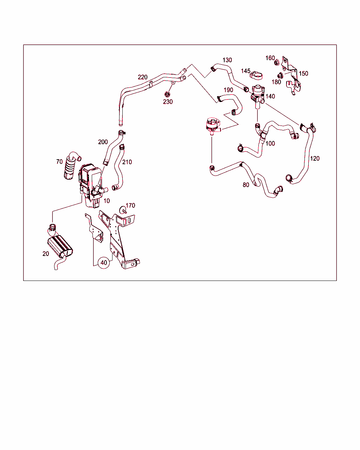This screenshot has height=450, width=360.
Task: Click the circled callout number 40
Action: pyautogui.click(x=104, y=262)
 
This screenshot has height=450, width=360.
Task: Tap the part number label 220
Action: pyautogui.click(x=143, y=77)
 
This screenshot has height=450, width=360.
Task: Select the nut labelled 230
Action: pyautogui.click(x=167, y=94)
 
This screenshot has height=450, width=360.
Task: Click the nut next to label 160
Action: pyautogui.click(x=277, y=62)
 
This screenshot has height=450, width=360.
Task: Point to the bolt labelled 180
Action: pyautogui.click(x=280, y=76)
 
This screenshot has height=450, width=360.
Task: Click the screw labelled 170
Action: pyautogui.click(x=123, y=210)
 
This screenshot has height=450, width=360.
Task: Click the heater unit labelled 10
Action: pyautogui.click(x=91, y=185)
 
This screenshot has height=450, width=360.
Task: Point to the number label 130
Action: pyautogui.click(x=227, y=60)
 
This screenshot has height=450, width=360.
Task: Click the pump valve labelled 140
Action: pyautogui.click(x=258, y=96)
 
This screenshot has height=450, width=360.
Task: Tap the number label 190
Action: pyautogui.click(x=228, y=90)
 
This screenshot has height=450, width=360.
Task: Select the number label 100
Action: pyautogui.click(x=270, y=143)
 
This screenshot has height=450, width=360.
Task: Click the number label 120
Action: pyautogui.click(x=315, y=159)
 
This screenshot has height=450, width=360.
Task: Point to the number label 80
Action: pyautogui.click(x=246, y=185)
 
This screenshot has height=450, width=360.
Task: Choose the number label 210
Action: pyautogui.click(x=127, y=162)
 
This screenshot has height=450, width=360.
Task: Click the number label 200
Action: pyautogui.click(x=103, y=142)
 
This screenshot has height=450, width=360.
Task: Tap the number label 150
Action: pyautogui.click(x=303, y=73)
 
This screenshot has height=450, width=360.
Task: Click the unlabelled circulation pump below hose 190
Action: pyautogui.click(x=213, y=126)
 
